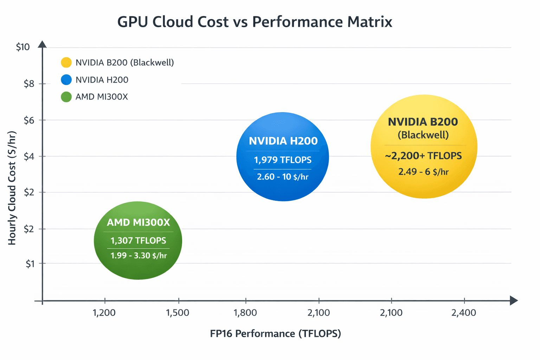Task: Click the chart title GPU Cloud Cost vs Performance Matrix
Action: (255, 22)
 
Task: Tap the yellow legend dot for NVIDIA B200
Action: (66, 63)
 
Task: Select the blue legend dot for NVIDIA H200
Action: (66, 80)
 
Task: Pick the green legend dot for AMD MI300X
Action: (66, 97)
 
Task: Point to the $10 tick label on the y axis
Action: (23, 47)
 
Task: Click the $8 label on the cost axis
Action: (29, 84)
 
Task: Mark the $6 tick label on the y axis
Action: (29, 120)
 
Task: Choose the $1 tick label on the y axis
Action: (30, 264)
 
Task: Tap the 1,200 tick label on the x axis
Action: (104, 313)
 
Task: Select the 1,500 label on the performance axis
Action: (178, 313)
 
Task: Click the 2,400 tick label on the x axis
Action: (464, 313)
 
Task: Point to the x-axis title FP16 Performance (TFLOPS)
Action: (275, 334)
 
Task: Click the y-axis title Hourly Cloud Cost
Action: (12, 188)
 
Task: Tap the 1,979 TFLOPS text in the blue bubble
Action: (283, 160)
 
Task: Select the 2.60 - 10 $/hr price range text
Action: (283, 176)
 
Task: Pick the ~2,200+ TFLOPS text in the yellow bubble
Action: (423, 156)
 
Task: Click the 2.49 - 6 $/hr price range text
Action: (423, 172)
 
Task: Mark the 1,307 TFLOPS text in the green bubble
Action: (138, 240)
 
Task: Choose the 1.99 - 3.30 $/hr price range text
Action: (139, 256)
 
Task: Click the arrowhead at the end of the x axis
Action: (514, 301)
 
